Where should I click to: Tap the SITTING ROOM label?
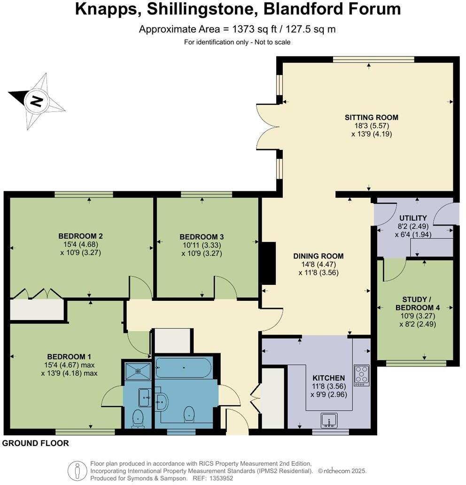point(371,117)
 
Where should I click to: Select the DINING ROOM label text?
point(318,256)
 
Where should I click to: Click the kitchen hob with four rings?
point(361,375)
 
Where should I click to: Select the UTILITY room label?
point(413,218)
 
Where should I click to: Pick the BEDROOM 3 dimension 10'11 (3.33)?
point(202,245)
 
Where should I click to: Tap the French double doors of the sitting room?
point(267,126)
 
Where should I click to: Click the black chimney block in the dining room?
point(269,263)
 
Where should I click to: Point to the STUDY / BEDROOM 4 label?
point(417,303)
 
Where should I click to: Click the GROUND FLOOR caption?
point(36,443)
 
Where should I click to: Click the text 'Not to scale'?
point(272,42)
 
